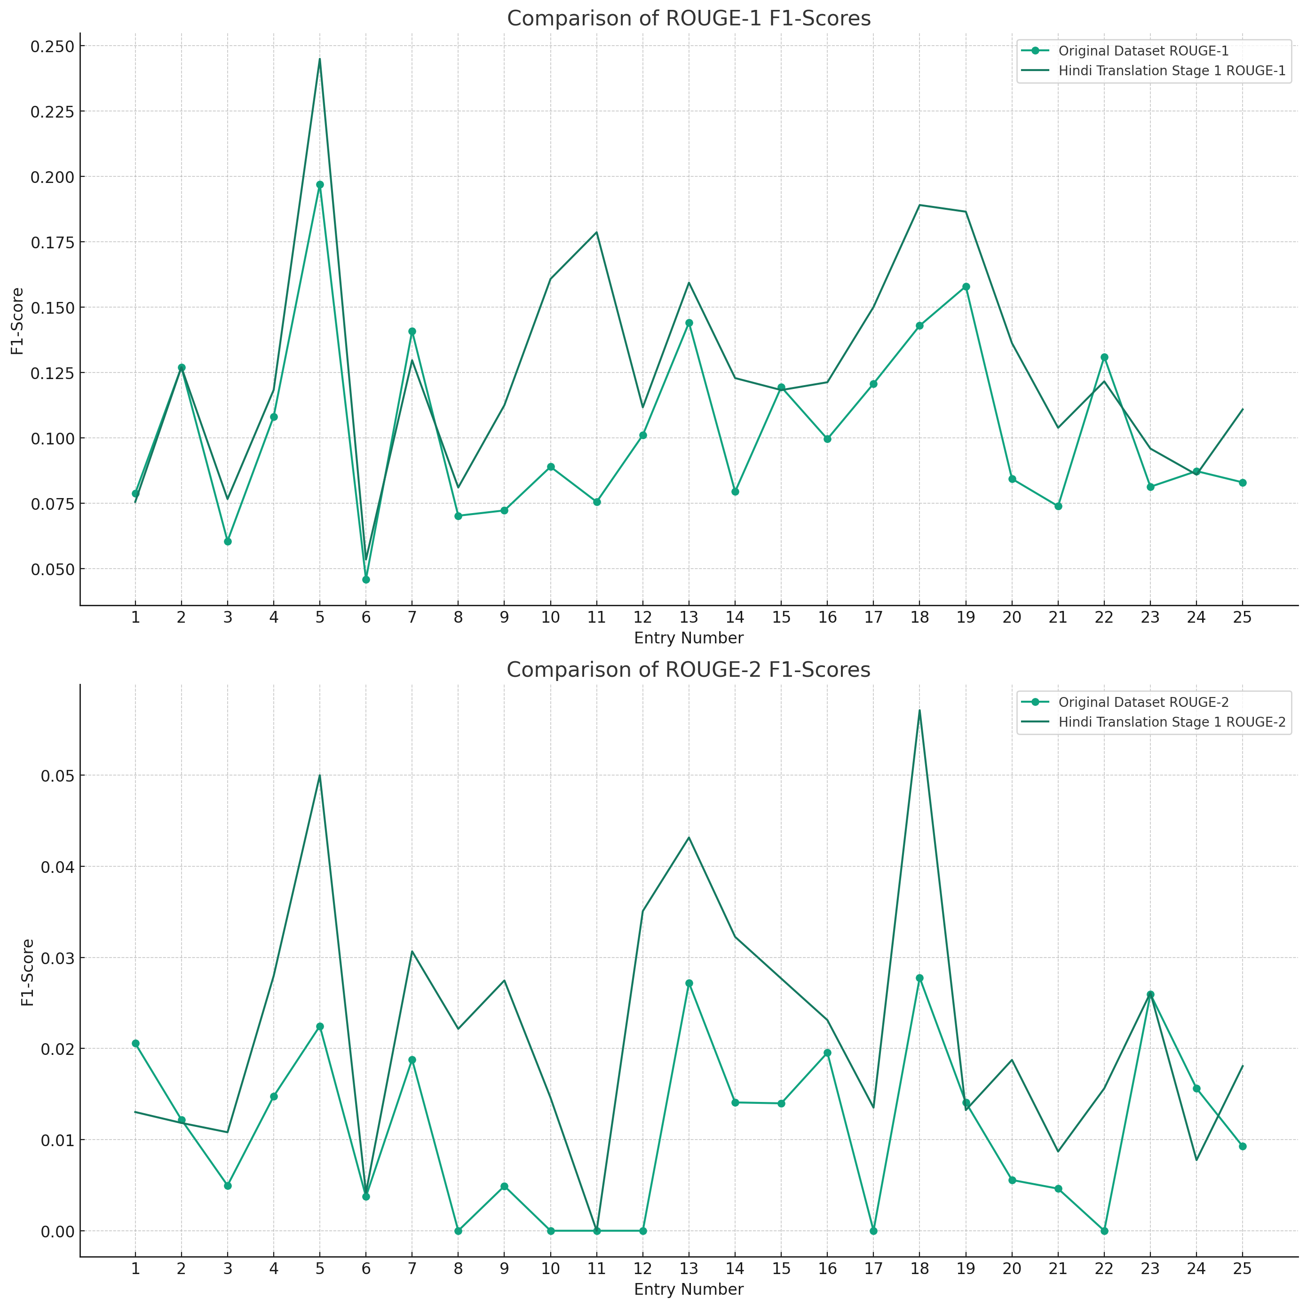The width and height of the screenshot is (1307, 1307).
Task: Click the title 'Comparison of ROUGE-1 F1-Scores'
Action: pyautogui.click(x=689, y=18)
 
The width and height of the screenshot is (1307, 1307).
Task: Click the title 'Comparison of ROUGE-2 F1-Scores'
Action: pyautogui.click(x=688, y=670)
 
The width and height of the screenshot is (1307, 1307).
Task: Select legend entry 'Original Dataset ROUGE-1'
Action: pyautogui.click(x=1143, y=51)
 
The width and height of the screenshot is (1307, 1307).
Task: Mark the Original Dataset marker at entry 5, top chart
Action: pyautogui.click(x=320, y=185)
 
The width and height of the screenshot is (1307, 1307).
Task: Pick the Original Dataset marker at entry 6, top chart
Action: pyautogui.click(x=366, y=579)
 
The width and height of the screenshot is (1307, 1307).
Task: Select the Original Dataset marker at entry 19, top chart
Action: pyautogui.click(x=966, y=287)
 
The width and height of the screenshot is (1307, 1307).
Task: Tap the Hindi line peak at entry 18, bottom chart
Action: pyautogui.click(x=919, y=710)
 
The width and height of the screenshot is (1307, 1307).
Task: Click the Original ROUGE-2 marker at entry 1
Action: pyautogui.click(x=135, y=1043)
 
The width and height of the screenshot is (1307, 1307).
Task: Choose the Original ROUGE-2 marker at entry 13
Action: pyautogui.click(x=689, y=983)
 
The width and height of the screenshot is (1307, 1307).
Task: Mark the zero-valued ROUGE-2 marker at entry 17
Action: pyautogui.click(x=873, y=1230)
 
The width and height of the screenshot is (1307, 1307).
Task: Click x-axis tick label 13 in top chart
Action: pyautogui.click(x=689, y=617)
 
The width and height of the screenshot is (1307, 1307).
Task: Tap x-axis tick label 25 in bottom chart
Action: pyautogui.click(x=1242, y=1268)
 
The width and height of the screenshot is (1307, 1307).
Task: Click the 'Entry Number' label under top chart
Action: pyautogui.click(x=689, y=638)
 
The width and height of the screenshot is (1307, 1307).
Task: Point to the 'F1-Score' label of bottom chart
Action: pyautogui.click(x=27, y=972)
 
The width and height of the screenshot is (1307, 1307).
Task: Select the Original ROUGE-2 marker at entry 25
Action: pyautogui.click(x=1243, y=1146)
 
